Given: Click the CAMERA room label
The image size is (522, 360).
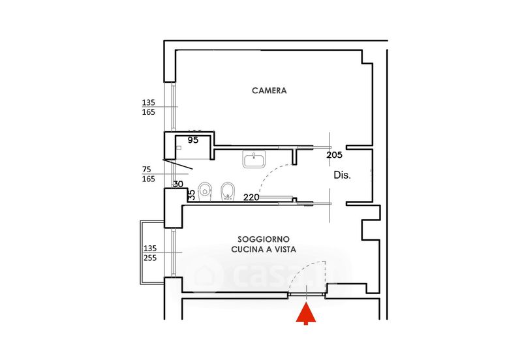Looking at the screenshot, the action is [269, 91].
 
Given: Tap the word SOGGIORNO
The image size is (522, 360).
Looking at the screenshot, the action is [264, 239].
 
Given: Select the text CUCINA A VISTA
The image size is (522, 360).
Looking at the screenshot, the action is [264, 250].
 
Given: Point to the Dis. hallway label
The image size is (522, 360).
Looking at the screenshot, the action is [342, 175].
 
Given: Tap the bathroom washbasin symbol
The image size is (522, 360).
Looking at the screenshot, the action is [254, 158].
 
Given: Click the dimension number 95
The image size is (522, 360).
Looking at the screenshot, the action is [192, 140].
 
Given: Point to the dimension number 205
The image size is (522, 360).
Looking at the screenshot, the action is [334, 155].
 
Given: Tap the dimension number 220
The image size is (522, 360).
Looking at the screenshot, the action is [251, 198].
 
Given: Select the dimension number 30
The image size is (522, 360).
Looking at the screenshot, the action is [178, 184].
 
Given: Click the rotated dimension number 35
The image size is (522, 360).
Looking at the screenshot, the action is [191, 194].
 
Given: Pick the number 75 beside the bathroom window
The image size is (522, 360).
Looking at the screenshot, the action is [146, 170].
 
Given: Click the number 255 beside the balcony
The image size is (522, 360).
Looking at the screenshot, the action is [150, 258].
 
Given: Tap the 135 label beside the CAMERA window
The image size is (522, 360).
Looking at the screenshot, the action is [149, 102].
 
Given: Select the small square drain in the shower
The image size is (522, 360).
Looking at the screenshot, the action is [179, 147].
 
